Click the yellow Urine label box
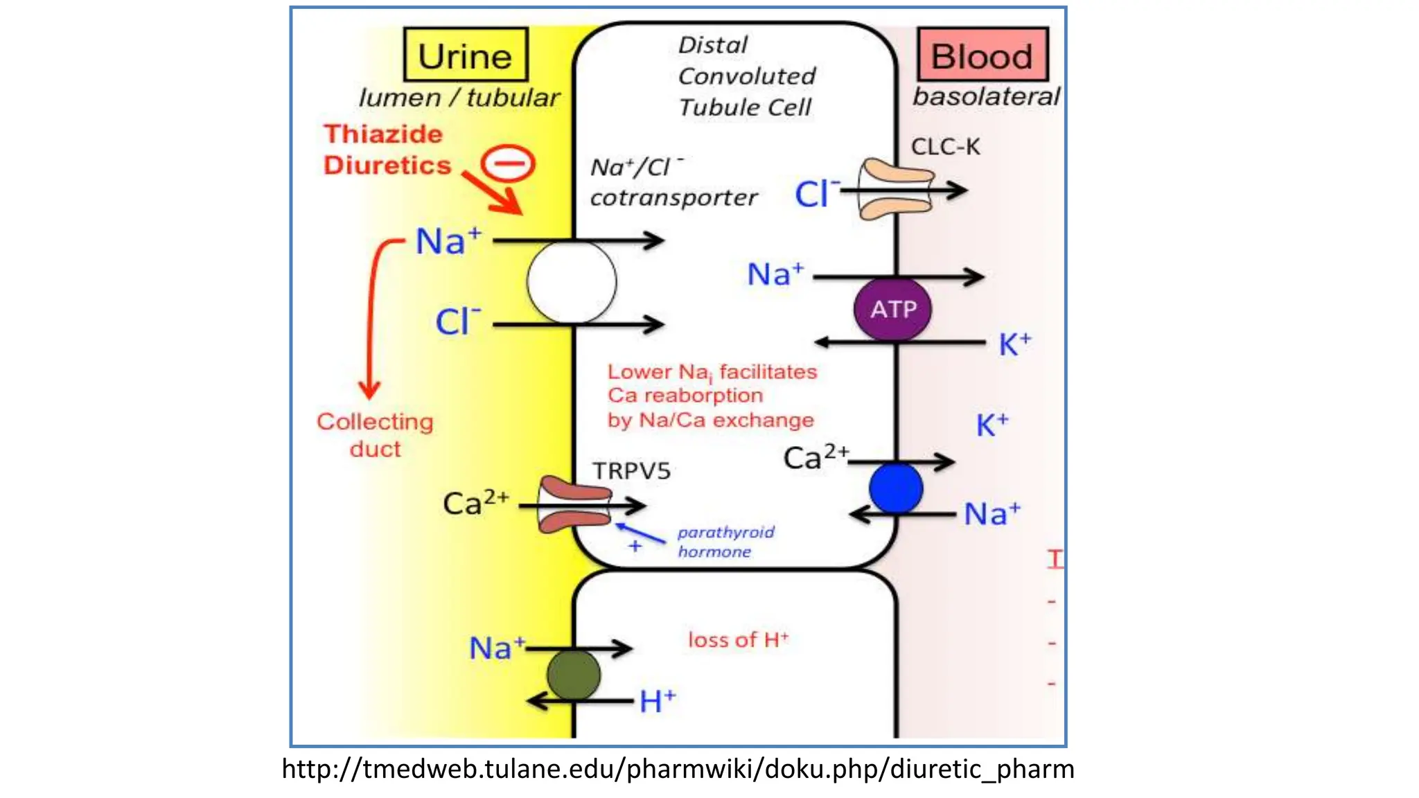(466, 55)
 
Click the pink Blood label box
(982, 55)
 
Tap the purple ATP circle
(893, 309)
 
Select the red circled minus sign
(509, 164)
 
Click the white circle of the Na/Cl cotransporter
(572, 282)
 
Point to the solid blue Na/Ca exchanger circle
(895, 488)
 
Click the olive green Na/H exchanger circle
(574, 675)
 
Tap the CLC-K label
(945, 147)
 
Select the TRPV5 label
(631, 471)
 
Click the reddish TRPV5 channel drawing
(574, 505)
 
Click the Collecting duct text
(375, 435)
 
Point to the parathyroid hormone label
(725, 542)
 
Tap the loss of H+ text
(738, 640)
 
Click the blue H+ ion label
(656, 702)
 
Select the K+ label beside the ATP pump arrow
(1014, 344)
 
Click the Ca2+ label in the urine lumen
(475, 503)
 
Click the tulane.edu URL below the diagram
(678, 769)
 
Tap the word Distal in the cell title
(712, 45)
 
